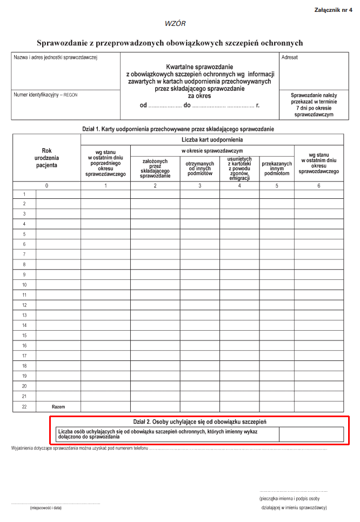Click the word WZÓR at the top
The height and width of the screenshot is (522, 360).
click(175, 24)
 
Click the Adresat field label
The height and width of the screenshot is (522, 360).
click(289, 57)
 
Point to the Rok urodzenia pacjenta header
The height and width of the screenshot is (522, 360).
click(46, 158)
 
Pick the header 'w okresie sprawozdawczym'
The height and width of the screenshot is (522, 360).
click(212, 150)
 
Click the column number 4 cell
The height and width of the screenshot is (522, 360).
click(239, 185)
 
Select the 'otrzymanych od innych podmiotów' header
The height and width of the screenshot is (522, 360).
click(200, 168)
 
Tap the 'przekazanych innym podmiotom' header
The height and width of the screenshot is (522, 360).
click(277, 168)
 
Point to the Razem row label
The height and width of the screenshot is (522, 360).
click(58, 406)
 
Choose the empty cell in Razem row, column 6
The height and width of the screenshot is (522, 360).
click(318, 406)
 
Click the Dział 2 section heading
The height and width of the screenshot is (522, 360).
click(199, 421)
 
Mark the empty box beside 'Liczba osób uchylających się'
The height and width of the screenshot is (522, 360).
click(311, 434)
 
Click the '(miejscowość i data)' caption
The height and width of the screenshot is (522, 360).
click(46, 508)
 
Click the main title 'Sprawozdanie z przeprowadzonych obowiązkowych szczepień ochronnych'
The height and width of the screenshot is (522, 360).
click(170, 42)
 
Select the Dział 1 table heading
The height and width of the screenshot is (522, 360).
click(178, 129)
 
